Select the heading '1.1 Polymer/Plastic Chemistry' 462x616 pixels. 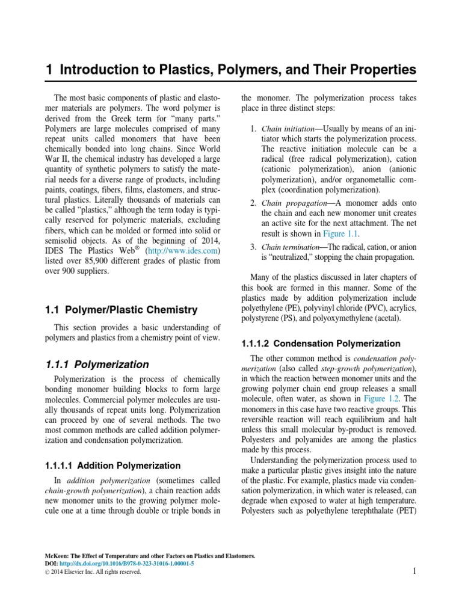(x=122, y=310)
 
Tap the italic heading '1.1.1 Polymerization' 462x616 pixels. (x=97, y=364)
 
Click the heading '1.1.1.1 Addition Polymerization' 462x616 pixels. (x=113, y=465)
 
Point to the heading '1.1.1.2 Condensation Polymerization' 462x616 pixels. (x=320, y=343)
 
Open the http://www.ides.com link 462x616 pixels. (x=183, y=250)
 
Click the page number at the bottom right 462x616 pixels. (x=414, y=571)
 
